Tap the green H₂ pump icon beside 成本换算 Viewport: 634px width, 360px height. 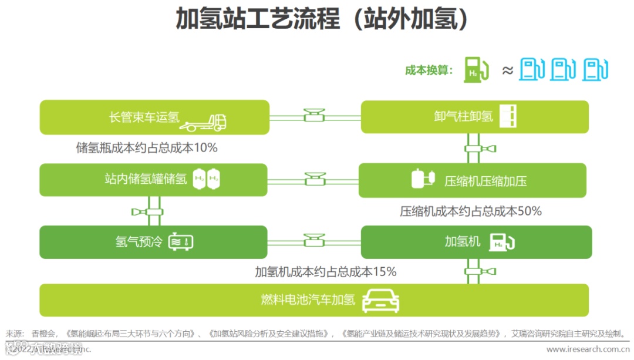tap(476, 69)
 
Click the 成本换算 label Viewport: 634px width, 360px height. tap(429, 70)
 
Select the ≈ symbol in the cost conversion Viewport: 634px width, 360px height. tap(508, 70)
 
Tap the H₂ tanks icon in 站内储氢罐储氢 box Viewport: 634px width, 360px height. tap(207, 179)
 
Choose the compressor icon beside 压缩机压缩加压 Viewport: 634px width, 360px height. tap(423, 179)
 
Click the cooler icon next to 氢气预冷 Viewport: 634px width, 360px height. tap(181, 241)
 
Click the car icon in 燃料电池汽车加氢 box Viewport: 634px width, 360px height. tap(380, 300)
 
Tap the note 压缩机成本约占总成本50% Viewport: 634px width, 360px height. tap(471, 211)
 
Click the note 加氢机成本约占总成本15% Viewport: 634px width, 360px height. tap(326, 271)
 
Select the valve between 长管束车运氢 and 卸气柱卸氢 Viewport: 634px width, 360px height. tap(315, 115)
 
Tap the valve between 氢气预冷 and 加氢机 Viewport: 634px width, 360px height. tap(315, 240)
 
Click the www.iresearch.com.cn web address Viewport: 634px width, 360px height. tap(588, 349)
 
